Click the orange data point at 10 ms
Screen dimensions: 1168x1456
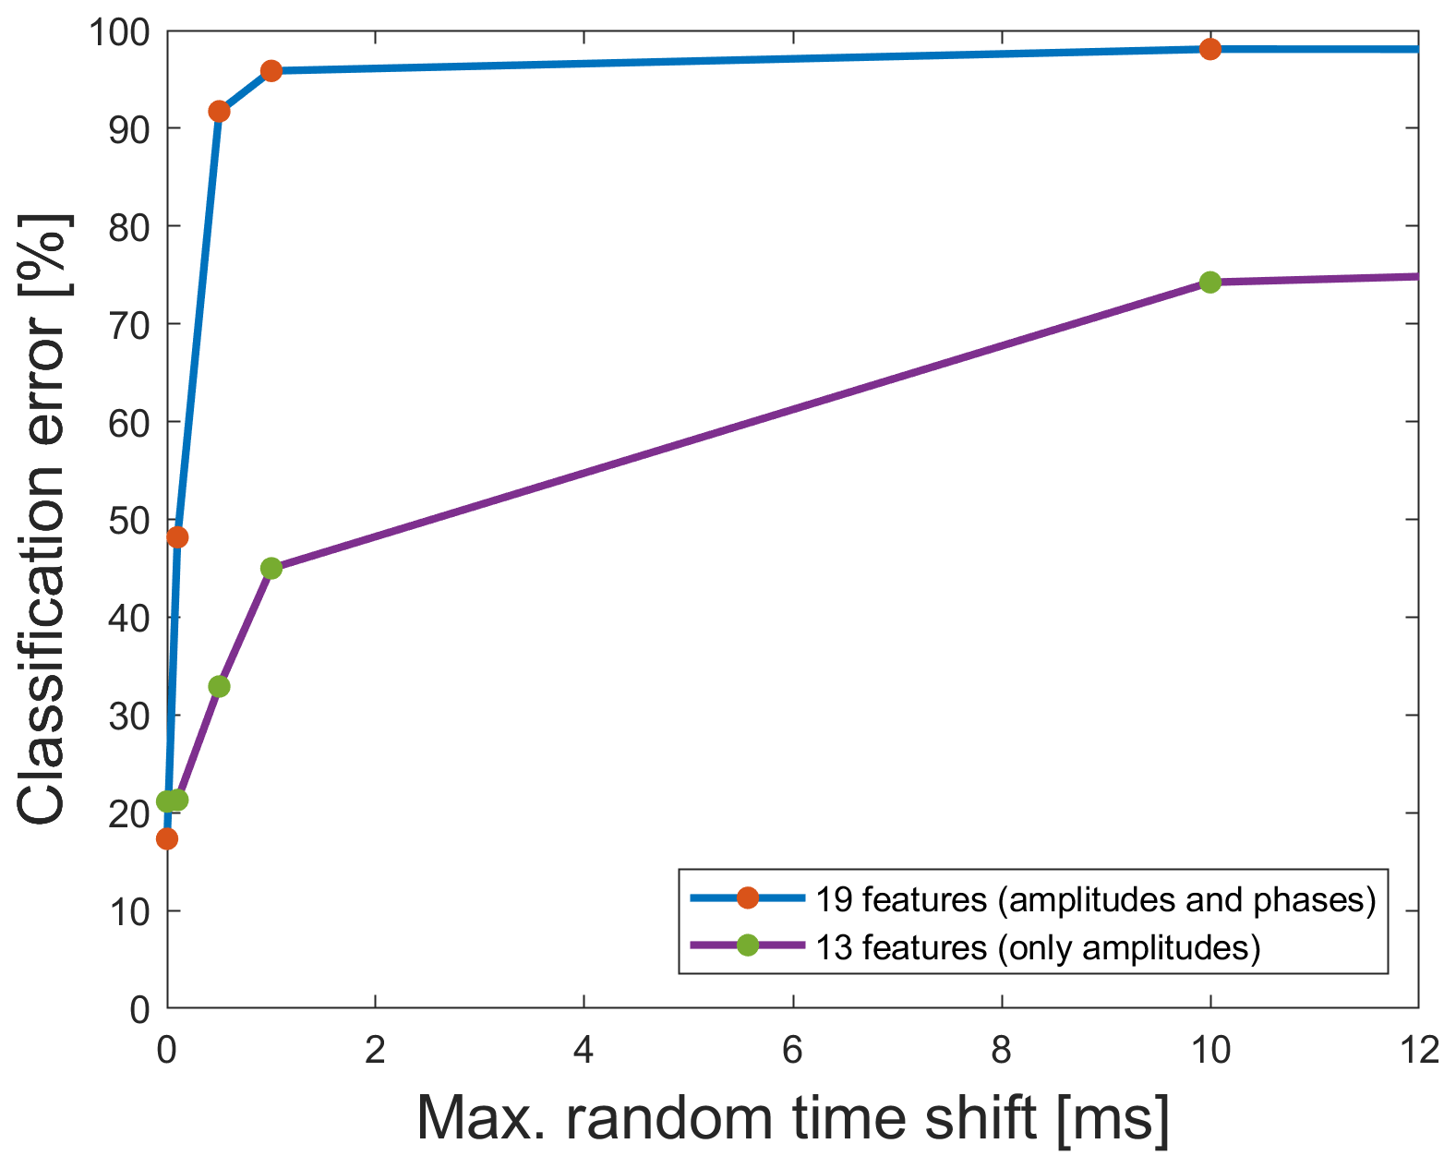pyautogui.click(x=1209, y=49)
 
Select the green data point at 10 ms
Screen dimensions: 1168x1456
pyautogui.click(x=1209, y=282)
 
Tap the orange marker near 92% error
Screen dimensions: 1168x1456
pyautogui.click(x=219, y=112)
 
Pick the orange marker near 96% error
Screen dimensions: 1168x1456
pyautogui.click(x=271, y=71)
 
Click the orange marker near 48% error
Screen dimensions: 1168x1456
pyautogui.click(x=177, y=537)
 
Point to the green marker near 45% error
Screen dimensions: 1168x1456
pyautogui.click(x=271, y=568)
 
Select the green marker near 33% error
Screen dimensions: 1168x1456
pyautogui.click(x=219, y=686)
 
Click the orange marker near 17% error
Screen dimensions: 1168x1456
pyautogui.click(x=167, y=838)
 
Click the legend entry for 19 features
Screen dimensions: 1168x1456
pyautogui.click(x=1095, y=898)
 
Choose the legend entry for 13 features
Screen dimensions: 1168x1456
pyautogui.click(x=1038, y=946)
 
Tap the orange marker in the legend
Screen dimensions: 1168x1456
pyautogui.click(x=747, y=897)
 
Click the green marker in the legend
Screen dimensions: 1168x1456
pyautogui.click(x=747, y=945)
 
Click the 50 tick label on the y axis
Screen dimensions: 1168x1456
pyautogui.click(x=128, y=520)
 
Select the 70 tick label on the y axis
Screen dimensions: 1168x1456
pyautogui.click(x=128, y=324)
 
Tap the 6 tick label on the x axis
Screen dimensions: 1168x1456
pyautogui.click(x=793, y=1050)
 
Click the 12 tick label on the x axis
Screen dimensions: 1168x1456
pyautogui.click(x=1417, y=1050)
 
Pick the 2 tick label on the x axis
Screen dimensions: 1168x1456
pyautogui.click(x=375, y=1050)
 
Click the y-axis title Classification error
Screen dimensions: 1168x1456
pyautogui.click(x=42, y=520)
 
